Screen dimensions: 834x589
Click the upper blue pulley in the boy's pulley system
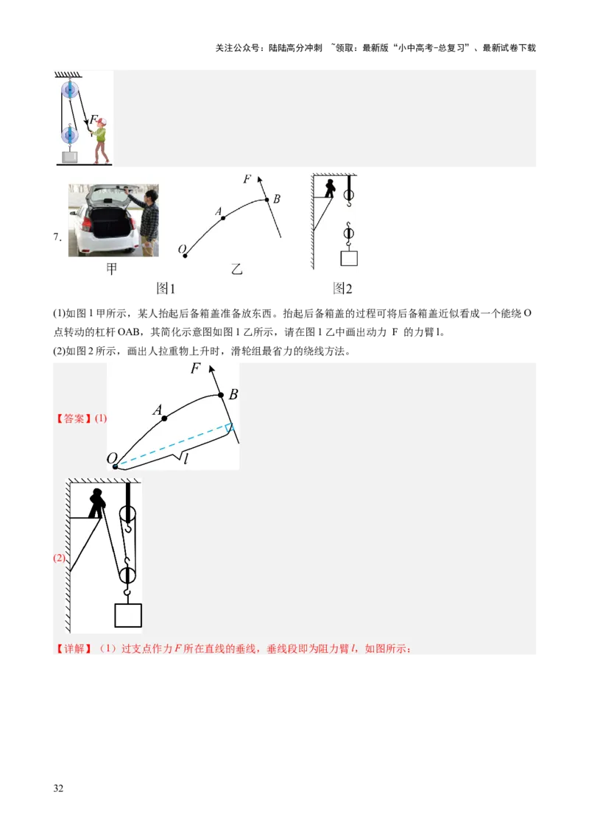click(70, 91)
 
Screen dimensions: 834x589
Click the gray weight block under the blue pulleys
click(70, 155)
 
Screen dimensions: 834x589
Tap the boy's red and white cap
click(101, 121)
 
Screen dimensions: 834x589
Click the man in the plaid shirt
click(149, 221)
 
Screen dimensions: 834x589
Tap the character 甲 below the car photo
click(111, 270)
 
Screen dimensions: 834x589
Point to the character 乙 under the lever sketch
click(236, 270)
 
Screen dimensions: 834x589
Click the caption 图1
click(166, 289)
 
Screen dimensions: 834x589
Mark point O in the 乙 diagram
click(185, 256)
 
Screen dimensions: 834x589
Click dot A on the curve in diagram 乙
click(223, 217)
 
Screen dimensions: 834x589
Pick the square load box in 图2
click(349, 258)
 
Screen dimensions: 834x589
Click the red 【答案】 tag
click(74, 418)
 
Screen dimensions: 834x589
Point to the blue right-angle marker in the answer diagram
click(230, 428)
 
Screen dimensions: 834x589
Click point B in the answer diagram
click(220, 395)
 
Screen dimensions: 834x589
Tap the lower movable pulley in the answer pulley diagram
click(128, 573)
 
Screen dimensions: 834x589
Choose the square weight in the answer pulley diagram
click(128, 614)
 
